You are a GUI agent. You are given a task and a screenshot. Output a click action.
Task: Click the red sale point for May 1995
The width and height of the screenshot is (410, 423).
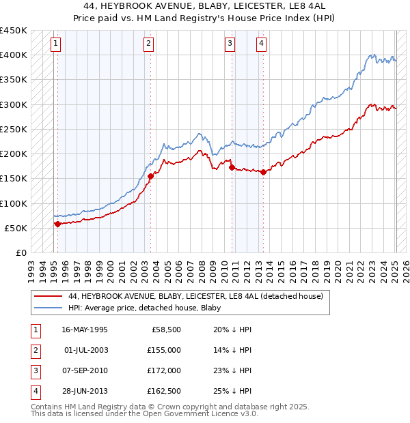57,224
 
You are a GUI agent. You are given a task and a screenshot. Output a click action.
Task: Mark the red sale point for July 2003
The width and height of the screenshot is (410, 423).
150,176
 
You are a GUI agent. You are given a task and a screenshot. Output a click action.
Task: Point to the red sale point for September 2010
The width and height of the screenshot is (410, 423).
232,167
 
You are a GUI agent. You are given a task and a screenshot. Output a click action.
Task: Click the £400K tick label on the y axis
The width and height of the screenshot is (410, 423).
14,55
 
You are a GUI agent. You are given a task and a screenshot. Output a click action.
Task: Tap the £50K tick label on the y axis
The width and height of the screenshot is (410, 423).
16,228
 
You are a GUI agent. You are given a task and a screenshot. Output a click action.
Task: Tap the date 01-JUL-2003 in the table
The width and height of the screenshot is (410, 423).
85,350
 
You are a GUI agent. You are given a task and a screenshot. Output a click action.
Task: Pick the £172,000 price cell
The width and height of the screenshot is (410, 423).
164,370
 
